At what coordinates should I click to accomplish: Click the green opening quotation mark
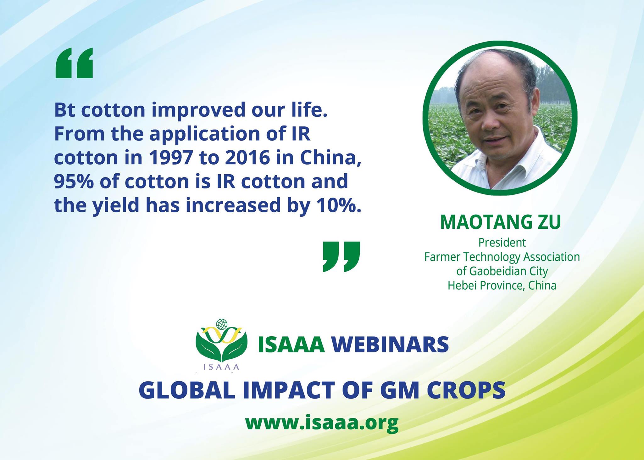click(74, 63)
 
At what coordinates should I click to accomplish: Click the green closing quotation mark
click(341, 256)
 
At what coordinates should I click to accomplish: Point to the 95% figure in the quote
click(74, 181)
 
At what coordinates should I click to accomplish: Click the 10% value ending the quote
click(341, 205)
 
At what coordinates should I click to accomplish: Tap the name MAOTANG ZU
click(501, 222)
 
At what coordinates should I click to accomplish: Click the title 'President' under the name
click(502, 243)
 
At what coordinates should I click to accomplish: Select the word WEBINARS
click(390, 345)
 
